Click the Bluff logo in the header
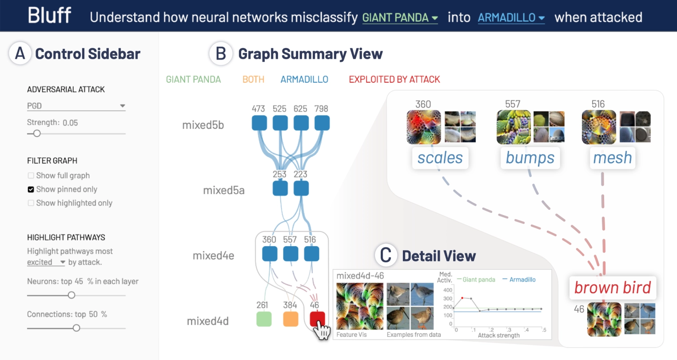pyautogui.click(x=49, y=15)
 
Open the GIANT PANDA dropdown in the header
pyautogui.click(x=400, y=18)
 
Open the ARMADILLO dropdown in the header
pyautogui.click(x=511, y=18)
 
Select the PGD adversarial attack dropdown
pyautogui.click(x=76, y=106)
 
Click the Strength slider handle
pyautogui.click(x=37, y=133)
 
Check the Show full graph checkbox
pyautogui.click(x=31, y=176)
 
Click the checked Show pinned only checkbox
pyautogui.click(x=31, y=189)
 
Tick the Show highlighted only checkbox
pyautogui.click(x=31, y=203)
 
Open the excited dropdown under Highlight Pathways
pyautogui.click(x=46, y=262)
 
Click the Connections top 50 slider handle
pyautogui.click(x=76, y=328)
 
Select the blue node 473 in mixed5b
pyautogui.click(x=259, y=123)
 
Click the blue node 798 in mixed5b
pyautogui.click(x=322, y=123)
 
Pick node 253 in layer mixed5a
pyautogui.click(x=280, y=188)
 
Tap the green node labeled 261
pyautogui.click(x=264, y=319)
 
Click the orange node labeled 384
pyautogui.click(x=291, y=319)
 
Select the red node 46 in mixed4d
pyautogui.click(x=317, y=319)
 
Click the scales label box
pyautogui.click(x=440, y=158)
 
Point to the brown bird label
pyautogui.click(x=612, y=288)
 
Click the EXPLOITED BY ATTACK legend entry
pyautogui.click(x=394, y=80)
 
